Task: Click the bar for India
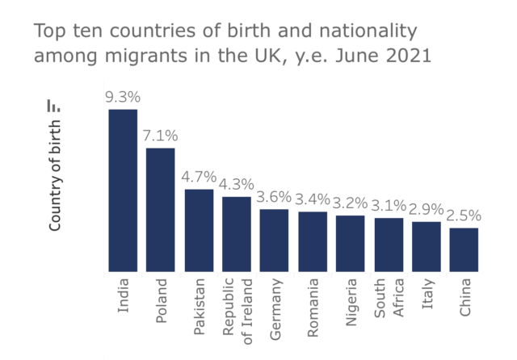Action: (123, 190)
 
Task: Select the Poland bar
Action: (161, 210)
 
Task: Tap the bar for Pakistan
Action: (199, 230)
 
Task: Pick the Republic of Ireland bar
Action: (237, 233)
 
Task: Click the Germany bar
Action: (274, 240)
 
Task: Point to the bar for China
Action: (464, 249)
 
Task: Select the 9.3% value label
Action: (123, 97)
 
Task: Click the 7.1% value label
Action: (161, 136)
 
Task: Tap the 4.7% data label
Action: (199, 177)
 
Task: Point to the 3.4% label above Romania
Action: (313, 199)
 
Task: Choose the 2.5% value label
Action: (464, 216)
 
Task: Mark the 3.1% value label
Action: (389, 205)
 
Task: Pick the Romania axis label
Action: (313, 303)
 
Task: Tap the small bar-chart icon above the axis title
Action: (54, 105)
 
